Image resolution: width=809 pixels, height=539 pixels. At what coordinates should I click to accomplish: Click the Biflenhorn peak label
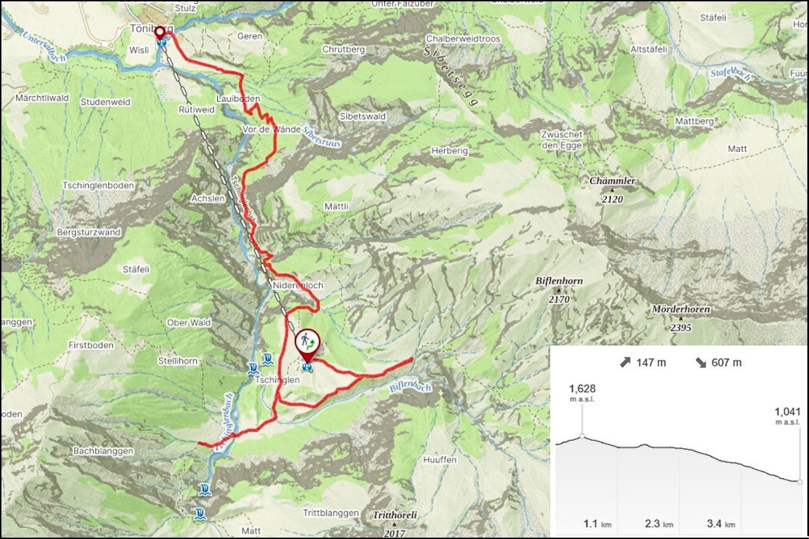click(x=559, y=281)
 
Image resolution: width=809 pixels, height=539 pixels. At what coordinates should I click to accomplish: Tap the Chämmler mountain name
click(x=612, y=181)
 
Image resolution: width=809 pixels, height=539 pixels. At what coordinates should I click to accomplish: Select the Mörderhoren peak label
click(x=680, y=309)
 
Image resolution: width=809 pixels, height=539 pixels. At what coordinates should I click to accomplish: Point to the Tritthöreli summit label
click(x=394, y=515)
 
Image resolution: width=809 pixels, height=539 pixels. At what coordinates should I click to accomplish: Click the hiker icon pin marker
click(x=308, y=341)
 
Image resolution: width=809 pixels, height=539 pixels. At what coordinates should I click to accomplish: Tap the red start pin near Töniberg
click(x=160, y=32)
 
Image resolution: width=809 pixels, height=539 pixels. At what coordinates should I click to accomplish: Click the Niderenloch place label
click(x=298, y=285)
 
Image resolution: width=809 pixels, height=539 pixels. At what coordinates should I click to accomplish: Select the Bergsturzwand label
click(x=89, y=232)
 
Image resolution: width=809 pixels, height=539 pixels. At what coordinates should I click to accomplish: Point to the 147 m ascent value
click(x=651, y=363)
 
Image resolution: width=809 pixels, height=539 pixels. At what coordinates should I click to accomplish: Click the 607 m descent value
click(x=726, y=363)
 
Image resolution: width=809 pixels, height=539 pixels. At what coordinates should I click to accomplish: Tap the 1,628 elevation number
click(x=582, y=389)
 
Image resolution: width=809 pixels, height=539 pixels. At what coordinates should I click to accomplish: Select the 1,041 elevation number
click(x=787, y=412)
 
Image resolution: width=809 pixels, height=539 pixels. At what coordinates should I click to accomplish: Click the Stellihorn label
click(x=178, y=361)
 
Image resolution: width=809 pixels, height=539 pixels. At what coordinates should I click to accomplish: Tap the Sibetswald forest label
click(x=362, y=116)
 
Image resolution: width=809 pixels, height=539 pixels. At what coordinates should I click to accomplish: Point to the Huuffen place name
click(x=440, y=460)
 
